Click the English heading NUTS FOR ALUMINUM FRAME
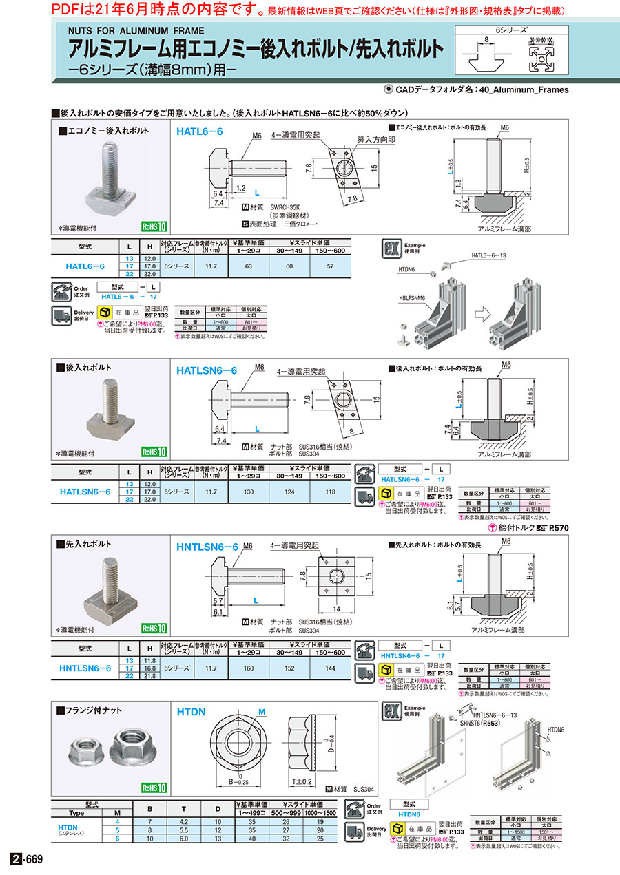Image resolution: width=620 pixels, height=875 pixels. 136,30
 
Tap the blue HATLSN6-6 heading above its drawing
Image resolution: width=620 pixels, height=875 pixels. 207,370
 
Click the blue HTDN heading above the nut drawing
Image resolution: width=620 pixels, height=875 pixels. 192,713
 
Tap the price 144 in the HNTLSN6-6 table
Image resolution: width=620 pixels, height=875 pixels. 330,668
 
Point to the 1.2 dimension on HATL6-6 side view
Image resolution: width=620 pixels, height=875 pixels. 240,187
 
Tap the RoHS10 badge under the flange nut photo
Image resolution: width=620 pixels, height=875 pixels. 154,788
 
